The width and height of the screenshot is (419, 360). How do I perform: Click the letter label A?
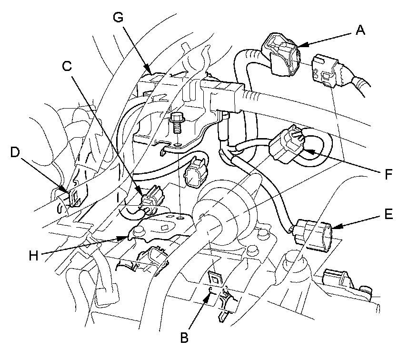[x=360, y=30]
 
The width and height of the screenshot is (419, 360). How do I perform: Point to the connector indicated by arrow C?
[x=152, y=197]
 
